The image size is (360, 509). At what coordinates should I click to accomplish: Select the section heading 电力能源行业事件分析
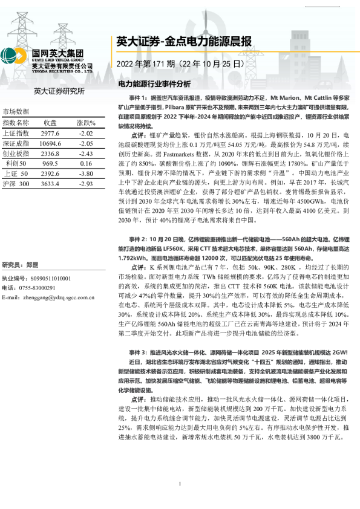click(x=154, y=83)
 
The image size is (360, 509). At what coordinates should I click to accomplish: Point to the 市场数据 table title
click(x=16, y=112)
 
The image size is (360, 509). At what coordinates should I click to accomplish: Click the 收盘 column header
click(x=50, y=123)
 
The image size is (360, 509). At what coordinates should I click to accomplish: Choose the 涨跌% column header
click(x=86, y=123)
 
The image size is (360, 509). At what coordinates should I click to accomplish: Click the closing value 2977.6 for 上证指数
click(x=50, y=133)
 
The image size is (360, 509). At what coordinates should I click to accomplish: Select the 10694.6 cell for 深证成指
click(x=50, y=143)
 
